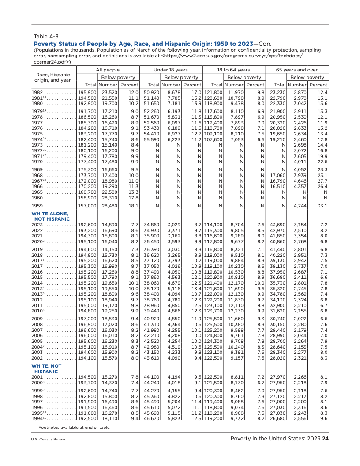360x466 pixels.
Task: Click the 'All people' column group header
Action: click(108, 70)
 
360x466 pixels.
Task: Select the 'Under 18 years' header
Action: click(171, 70)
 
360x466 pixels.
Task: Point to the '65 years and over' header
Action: click(297, 70)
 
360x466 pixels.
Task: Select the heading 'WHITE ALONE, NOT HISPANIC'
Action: click(50, 216)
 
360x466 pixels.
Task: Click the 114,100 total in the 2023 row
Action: click(214, 225)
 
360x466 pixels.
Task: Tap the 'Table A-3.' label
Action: click(47, 36)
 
